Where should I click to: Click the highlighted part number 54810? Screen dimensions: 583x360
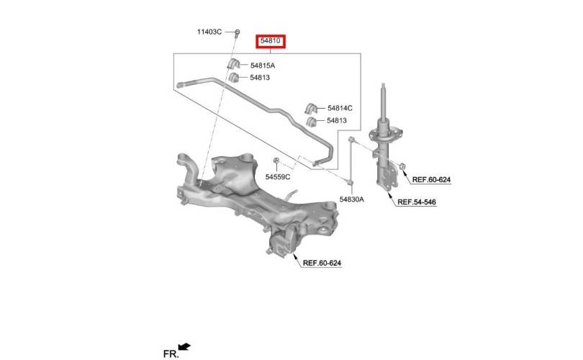(x=271, y=40)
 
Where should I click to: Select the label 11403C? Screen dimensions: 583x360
(x=209, y=32)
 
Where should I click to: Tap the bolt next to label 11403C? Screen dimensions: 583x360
(x=238, y=33)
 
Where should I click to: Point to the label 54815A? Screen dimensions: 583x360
(x=263, y=66)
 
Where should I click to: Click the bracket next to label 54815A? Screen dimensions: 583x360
(x=233, y=63)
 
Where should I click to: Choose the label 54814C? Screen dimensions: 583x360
(x=340, y=108)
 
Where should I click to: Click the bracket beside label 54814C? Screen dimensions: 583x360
(x=310, y=109)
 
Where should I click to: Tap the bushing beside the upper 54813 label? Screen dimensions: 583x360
(x=233, y=77)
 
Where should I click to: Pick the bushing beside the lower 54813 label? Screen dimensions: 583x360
(x=311, y=121)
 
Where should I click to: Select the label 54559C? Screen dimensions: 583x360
(x=278, y=177)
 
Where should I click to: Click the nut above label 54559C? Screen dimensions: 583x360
(x=276, y=161)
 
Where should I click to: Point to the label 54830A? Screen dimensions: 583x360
(x=352, y=199)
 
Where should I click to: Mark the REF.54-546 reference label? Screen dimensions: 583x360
(x=417, y=202)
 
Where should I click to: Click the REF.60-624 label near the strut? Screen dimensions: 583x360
(x=431, y=180)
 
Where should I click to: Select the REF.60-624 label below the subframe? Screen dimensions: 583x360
(x=322, y=264)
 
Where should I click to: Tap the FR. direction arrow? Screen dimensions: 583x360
(x=184, y=346)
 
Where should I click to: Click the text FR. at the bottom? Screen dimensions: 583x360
(x=171, y=354)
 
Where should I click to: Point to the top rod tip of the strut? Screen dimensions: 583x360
(x=384, y=85)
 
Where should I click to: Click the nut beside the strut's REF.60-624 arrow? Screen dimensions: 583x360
(x=402, y=166)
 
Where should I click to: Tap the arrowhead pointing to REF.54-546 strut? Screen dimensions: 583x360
(x=389, y=194)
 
